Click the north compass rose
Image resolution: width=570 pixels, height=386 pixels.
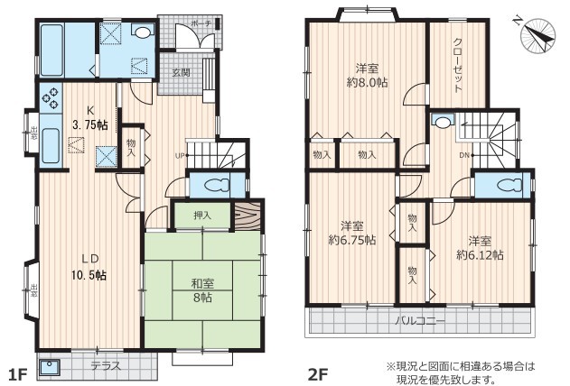[537, 36]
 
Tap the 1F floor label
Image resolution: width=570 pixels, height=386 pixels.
[18, 374]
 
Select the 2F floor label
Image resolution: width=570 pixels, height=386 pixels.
[319, 374]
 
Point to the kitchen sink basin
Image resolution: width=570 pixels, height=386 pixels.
[51, 145]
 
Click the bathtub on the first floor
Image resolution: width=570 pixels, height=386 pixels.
[51, 50]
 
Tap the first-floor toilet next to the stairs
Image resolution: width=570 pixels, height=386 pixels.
[218, 186]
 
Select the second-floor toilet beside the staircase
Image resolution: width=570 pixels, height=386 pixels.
[510, 186]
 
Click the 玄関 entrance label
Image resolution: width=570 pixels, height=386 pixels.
[181, 72]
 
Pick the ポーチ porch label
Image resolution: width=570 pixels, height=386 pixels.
[201, 24]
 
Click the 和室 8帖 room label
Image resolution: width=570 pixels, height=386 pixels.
[202, 291]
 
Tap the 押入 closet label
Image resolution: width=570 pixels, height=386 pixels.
[202, 216]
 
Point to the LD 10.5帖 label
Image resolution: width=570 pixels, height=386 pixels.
[89, 267]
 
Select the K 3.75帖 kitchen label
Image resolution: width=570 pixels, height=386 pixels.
[89, 118]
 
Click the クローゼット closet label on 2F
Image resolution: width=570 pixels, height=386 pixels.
[458, 65]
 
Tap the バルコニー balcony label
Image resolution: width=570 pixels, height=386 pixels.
[420, 321]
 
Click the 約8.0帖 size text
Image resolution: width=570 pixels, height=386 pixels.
[367, 83]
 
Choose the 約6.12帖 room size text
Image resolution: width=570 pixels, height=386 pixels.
[480, 255]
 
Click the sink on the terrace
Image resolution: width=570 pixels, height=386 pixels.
[47, 367]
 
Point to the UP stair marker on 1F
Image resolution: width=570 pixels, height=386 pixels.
[181, 156]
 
